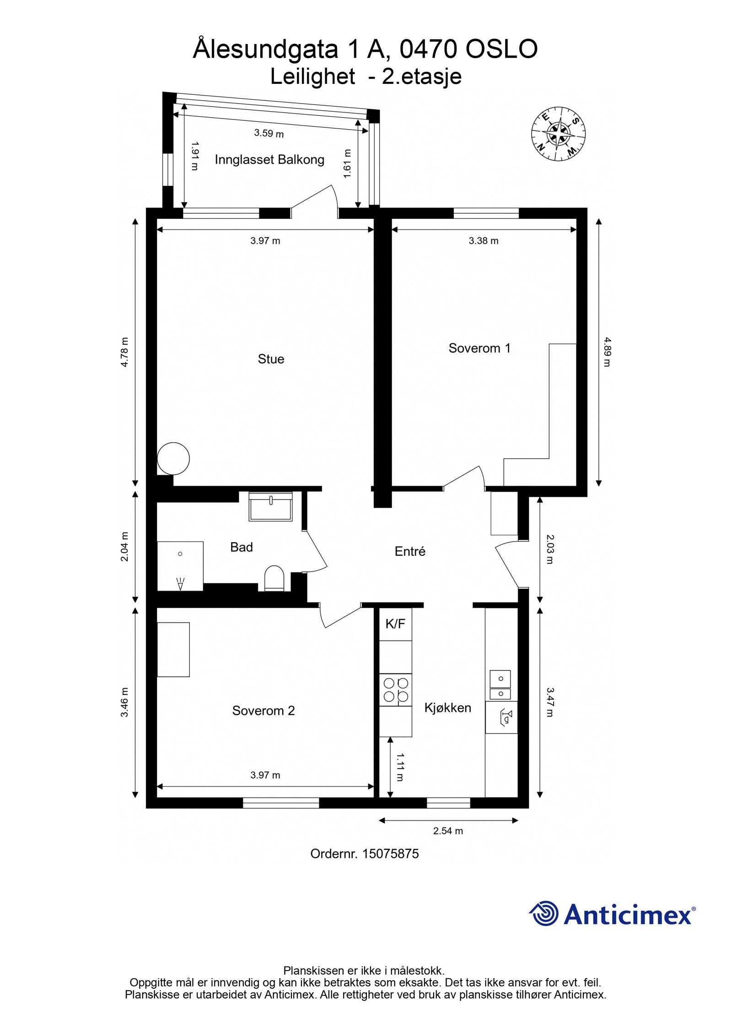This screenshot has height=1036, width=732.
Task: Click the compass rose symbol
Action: (558, 133)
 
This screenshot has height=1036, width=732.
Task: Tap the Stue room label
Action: (271, 359)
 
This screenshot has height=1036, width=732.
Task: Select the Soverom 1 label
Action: (479, 348)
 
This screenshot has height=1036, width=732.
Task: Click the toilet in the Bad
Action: (274, 579)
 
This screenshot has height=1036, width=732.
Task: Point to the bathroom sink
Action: (270, 507)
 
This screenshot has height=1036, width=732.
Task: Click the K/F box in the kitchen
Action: (395, 624)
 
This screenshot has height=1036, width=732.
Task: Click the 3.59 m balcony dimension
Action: (269, 133)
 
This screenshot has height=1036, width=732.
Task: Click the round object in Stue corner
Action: (173, 458)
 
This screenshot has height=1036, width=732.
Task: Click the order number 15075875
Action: (390, 853)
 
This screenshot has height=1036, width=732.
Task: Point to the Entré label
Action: (410, 551)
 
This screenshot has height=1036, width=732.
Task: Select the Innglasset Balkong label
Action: (269, 160)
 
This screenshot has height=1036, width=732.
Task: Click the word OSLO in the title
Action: (501, 49)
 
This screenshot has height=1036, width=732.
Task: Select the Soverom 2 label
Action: (263, 711)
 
